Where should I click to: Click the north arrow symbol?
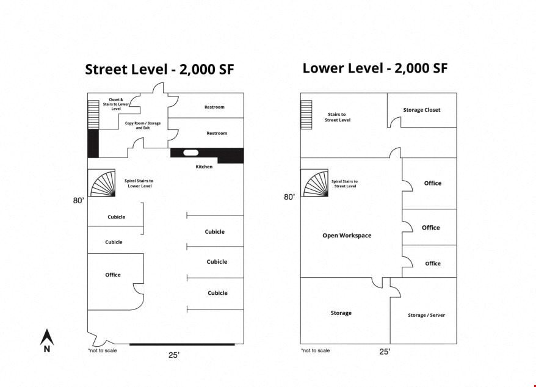[x=47, y=340]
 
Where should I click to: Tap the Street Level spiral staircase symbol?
[x=101, y=183]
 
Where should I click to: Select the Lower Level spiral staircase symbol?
[x=314, y=183]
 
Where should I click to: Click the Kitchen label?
[x=204, y=167]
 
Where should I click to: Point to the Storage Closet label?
[x=421, y=110]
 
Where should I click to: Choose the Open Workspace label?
[x=347, y=235]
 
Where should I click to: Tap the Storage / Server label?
[x=426, y=315]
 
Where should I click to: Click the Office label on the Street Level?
[x=113, y=275]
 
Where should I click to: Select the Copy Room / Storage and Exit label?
[x=142, y=125]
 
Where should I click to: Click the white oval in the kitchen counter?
[x=190, y=153]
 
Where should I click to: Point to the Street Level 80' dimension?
[x=78, y=200]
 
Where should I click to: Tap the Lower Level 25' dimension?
[x=385, y=352]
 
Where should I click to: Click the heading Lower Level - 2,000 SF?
[x=375, y=68]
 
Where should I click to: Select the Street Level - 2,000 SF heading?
[x=159, y=70]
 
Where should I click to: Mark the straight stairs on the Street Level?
[x=93, y=115]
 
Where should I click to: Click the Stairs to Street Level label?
[x=338, y=117]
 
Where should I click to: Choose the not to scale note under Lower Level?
[x=315, y=350]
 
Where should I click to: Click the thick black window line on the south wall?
[x=182, y=344]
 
